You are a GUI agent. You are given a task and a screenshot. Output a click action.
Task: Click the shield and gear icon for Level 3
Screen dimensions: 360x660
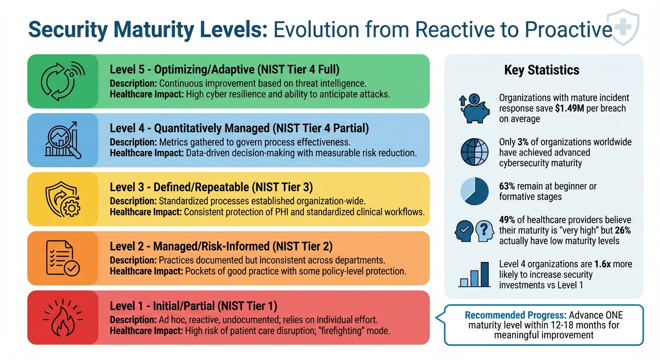tap(63, 199)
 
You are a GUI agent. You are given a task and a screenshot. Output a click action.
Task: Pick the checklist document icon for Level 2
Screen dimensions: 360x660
tap(63, 258)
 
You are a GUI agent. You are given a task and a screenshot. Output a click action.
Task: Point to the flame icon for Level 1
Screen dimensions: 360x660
tap(63, 317)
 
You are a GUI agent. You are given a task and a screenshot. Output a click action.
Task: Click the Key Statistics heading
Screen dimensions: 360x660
tap(541, 70)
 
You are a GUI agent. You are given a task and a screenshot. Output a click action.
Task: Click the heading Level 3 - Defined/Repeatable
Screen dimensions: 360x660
tap(211, 187)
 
